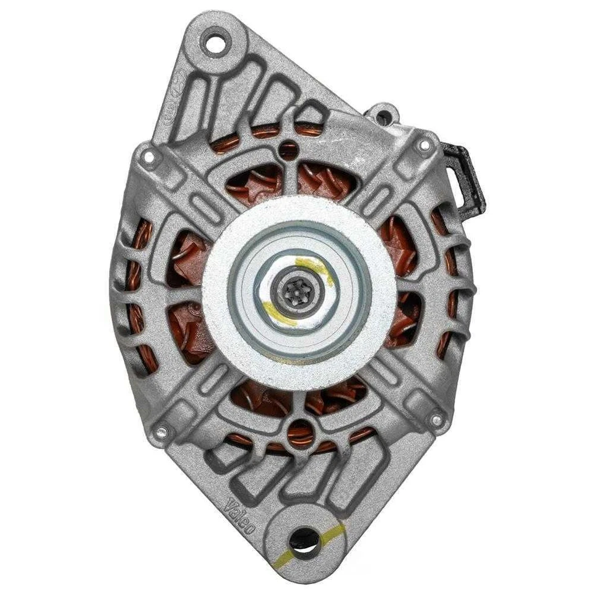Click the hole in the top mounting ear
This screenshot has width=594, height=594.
coord(216,43)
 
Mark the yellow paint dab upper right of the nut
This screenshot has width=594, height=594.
coord(319,267)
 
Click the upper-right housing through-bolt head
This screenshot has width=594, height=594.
coord(424,146)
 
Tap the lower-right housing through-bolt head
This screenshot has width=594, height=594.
coord(437,421)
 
